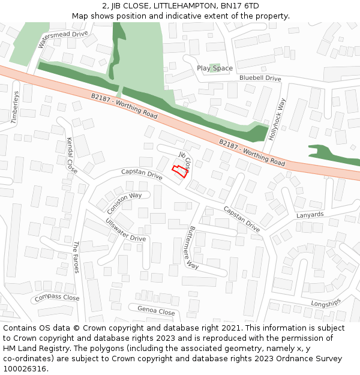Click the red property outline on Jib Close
click(x=179, y=170)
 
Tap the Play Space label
click(x=214, y=68)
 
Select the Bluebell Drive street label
click(x=260, y=79)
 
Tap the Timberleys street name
click(x=15, y=107)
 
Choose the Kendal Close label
click(x=72, y=155)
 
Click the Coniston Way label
click(x=125, y=203)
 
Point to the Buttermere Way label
click(x=191, y=247)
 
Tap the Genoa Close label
click(x=156, y=311)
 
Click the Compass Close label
click(x=57, y=298)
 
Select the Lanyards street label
click(x=310, y=215)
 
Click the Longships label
click(x=326, y=303)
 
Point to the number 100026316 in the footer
click(x=25, y=369)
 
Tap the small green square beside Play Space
click(x=214, y=67)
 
